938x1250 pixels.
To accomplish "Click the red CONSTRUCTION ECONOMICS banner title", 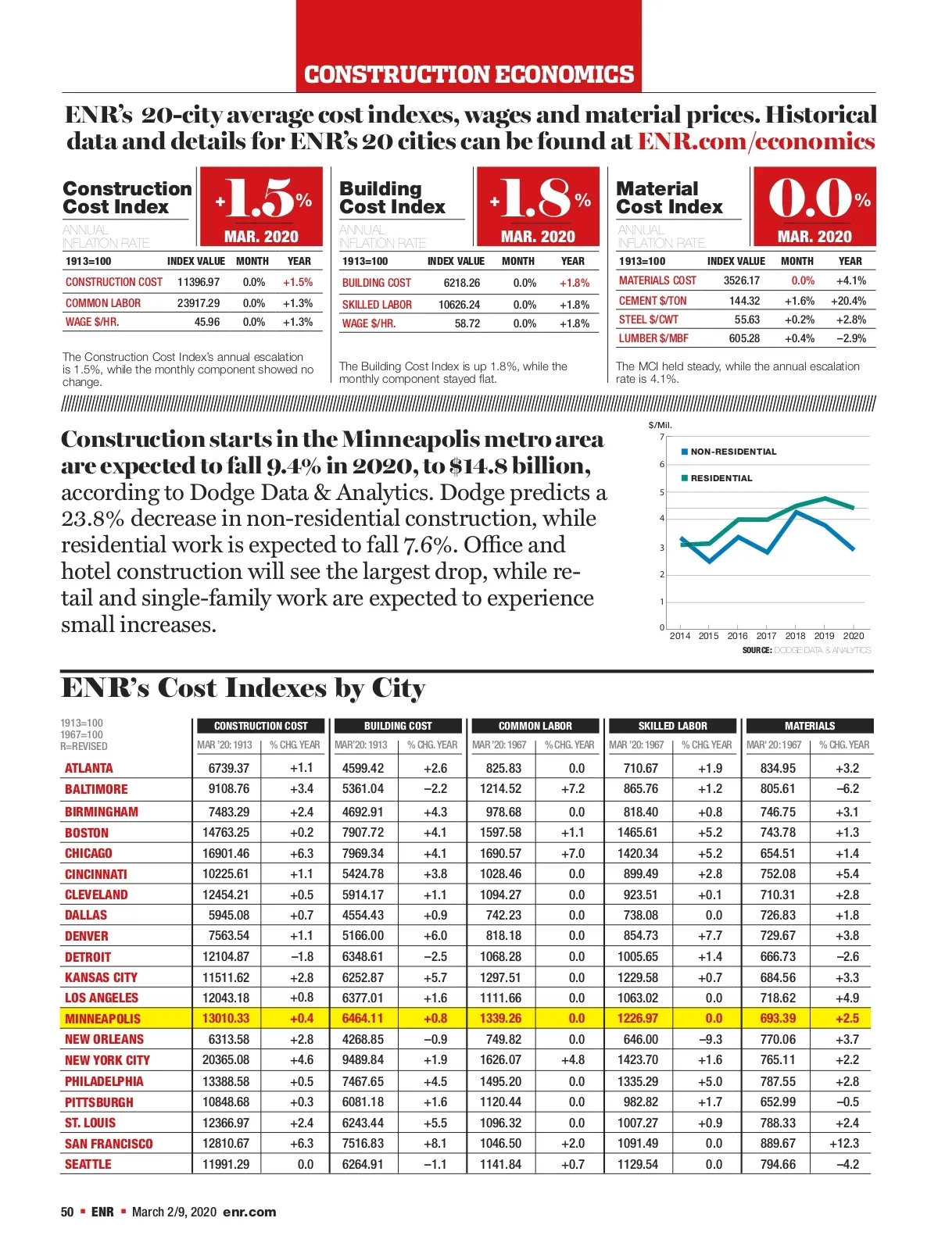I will click(x=469, y=75).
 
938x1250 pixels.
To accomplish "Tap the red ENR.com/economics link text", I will click(x=756, y=141).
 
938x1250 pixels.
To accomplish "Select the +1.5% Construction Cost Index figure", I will click(x=263, y=198).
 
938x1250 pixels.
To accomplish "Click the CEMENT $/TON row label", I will click(x=653, y=301).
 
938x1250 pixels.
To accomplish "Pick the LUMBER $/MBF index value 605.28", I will click(x=744, y=338).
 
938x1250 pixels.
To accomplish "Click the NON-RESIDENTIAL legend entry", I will click(x=732, y=452).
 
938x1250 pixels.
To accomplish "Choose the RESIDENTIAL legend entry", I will click(x=721, y=478).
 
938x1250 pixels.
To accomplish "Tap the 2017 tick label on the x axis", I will click(x=766, y=636).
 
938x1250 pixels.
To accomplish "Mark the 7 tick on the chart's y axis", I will click(x=661, y=437).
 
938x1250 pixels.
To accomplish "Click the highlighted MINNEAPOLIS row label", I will click(x=102, y=1019).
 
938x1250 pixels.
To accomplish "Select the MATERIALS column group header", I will click(x=809, y=726).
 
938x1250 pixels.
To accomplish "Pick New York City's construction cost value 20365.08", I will click(x=226, y=1060).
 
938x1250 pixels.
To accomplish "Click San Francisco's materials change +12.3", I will click(x=844, y=1144).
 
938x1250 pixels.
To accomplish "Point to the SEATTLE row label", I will click(x=88, y=1164).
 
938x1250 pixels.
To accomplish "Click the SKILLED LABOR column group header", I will click(x=672, y=726).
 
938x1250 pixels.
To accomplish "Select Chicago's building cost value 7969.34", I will click(x=363, y=853).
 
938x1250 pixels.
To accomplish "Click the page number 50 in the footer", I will click(x=67, y=1212).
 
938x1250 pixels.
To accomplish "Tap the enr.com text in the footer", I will click(x=249, y=1212).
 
